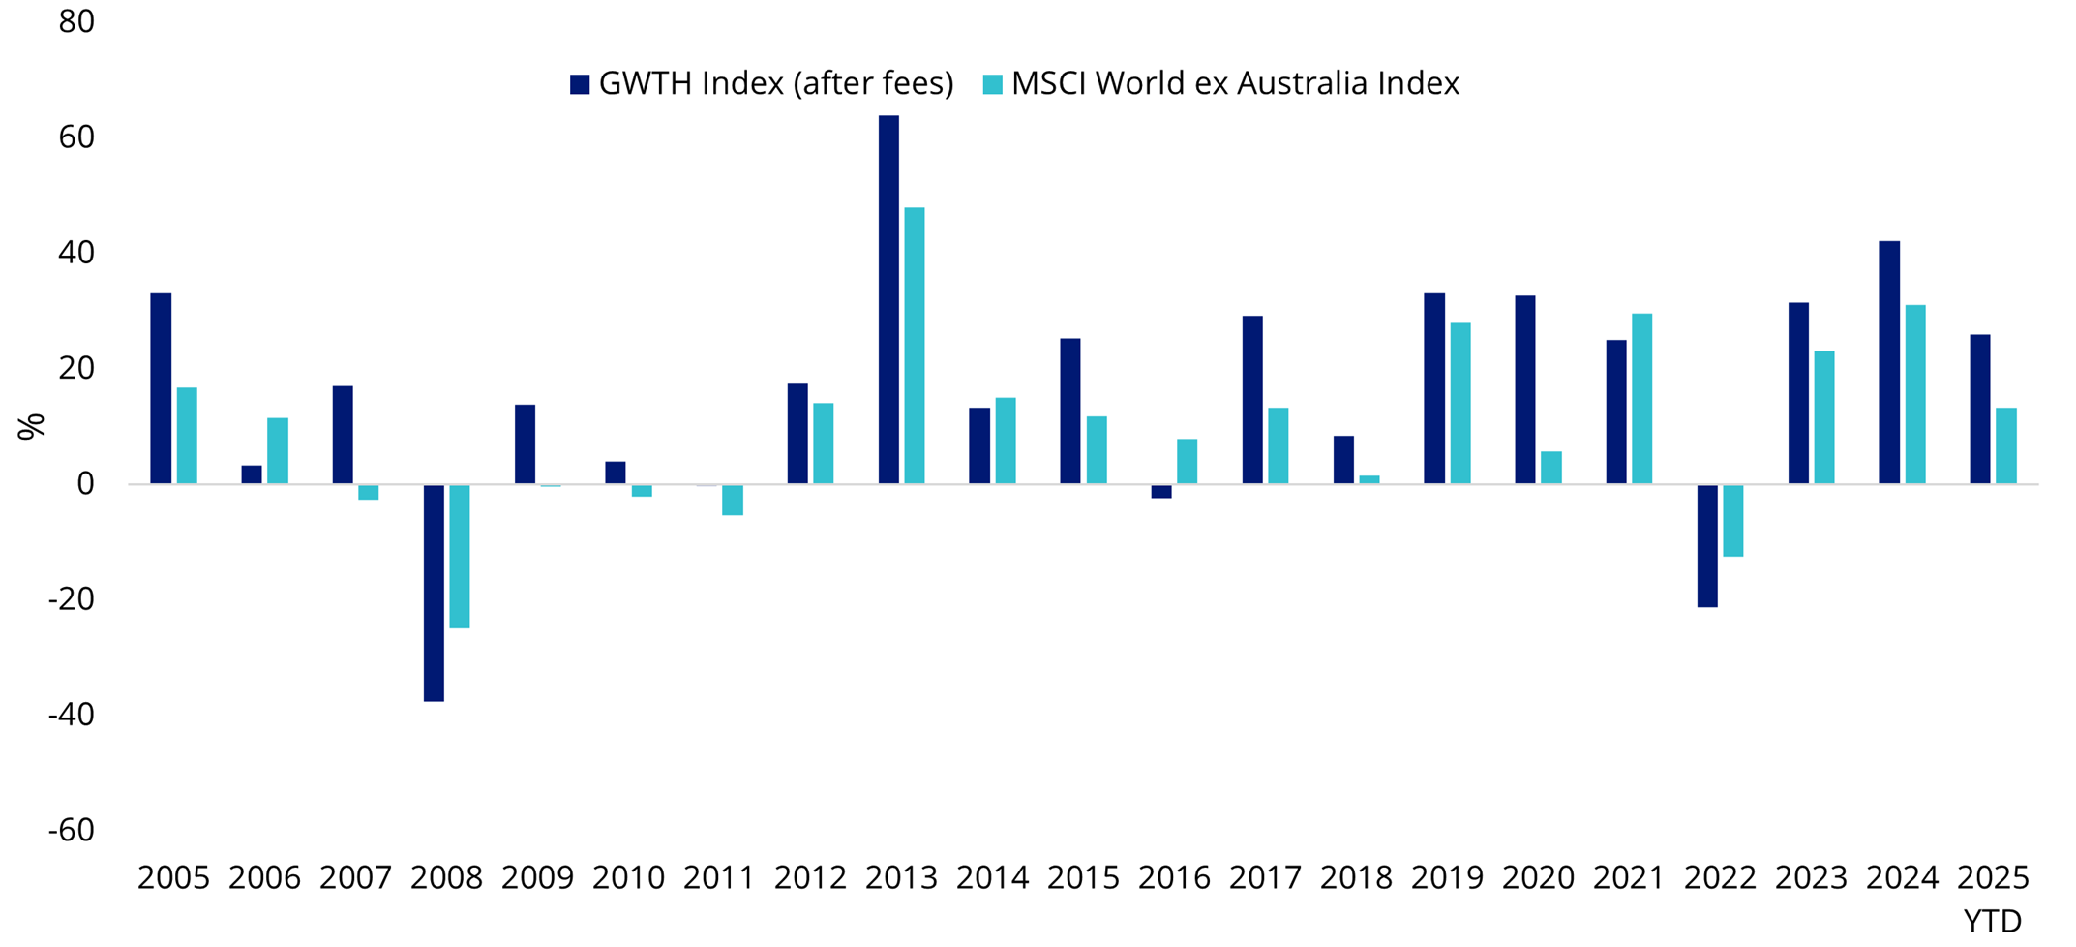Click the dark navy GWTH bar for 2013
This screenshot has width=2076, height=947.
click(x=888, y=300)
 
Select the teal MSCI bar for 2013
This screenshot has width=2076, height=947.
click(x=915, y=346)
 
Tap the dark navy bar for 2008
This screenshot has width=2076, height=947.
click(x=434, y=593)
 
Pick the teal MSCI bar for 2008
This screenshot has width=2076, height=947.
click(x=460, y=556)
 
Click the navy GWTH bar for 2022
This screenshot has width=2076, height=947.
click(x=1707, y=545)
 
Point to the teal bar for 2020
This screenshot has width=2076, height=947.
click(x=1551, y=468)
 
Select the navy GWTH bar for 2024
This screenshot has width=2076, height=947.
click(x=1889, y=362)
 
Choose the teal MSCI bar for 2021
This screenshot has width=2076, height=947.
click(x=1642, y=399)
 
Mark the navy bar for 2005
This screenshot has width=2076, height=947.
click(x=161, y=388)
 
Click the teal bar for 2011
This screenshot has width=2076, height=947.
click(x=733, y=500)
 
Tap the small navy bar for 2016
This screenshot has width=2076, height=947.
click(x=1161, y=491)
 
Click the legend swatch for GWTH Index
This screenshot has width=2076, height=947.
click(x=580, y=84)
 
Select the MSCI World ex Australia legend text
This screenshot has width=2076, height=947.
click(x=1235, y=84)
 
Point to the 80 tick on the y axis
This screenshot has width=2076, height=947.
click(x=76, y=21)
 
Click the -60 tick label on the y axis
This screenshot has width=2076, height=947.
click(x=72, y=831)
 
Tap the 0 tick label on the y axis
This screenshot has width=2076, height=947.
click(x=85, y=483)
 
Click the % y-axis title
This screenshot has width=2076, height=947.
click(x=31, y=426)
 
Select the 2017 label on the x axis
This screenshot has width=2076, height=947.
click(x=1265, y=878)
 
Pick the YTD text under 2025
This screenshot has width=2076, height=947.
click(x=1993, y=921)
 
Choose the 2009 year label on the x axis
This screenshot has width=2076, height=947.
click(x=537, y=878)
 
